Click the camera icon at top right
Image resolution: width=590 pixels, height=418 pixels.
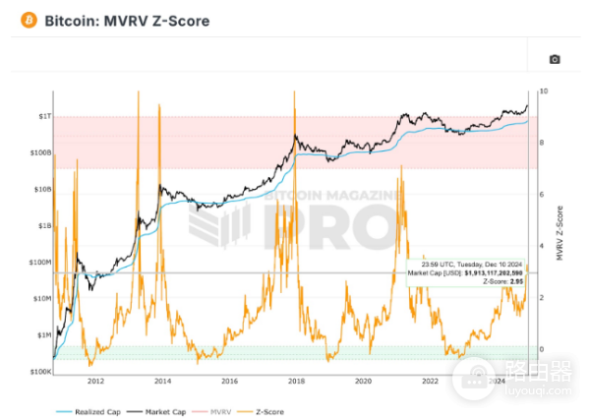(555, 59)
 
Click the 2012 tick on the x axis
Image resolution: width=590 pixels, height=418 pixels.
(95, 381)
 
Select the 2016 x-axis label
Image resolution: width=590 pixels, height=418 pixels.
(228, 381)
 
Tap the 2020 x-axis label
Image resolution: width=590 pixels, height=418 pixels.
(362, 381)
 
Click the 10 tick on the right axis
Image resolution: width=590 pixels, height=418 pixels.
(544, 91)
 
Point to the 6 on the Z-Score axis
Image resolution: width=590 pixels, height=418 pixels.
(543, 195)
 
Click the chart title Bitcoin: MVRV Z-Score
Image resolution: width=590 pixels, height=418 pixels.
(126, 20)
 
